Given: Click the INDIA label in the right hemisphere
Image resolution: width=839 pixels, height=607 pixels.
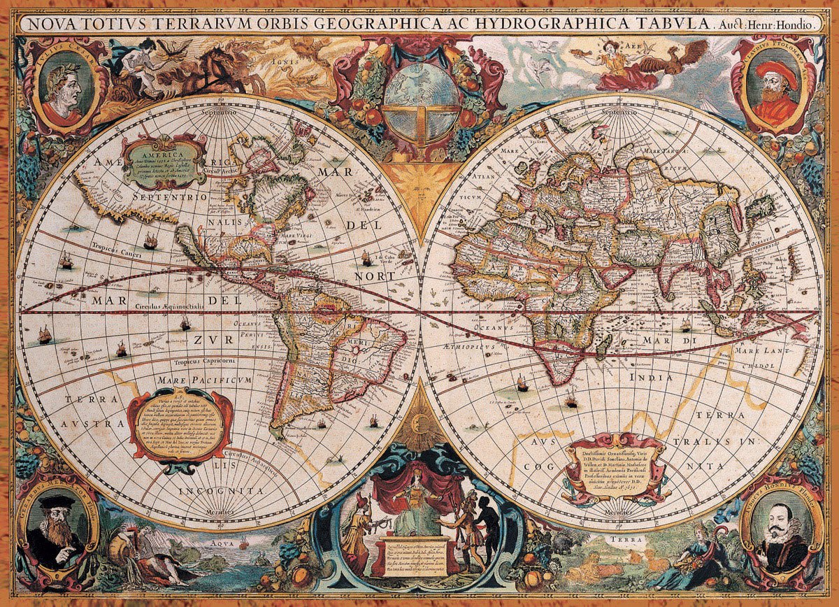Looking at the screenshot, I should point(651,377).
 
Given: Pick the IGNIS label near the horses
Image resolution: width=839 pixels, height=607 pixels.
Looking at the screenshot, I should point(282,61).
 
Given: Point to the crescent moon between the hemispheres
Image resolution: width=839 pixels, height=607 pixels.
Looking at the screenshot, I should point(419,417).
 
